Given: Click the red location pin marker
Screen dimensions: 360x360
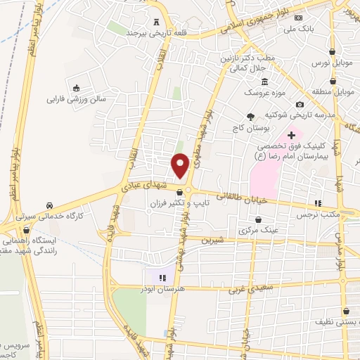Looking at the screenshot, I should point(180,165).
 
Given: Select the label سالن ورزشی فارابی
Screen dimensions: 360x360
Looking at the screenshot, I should point(76,99).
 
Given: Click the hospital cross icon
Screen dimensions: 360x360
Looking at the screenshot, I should point(292,134).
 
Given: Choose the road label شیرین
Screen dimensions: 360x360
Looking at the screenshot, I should point(212,240).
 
